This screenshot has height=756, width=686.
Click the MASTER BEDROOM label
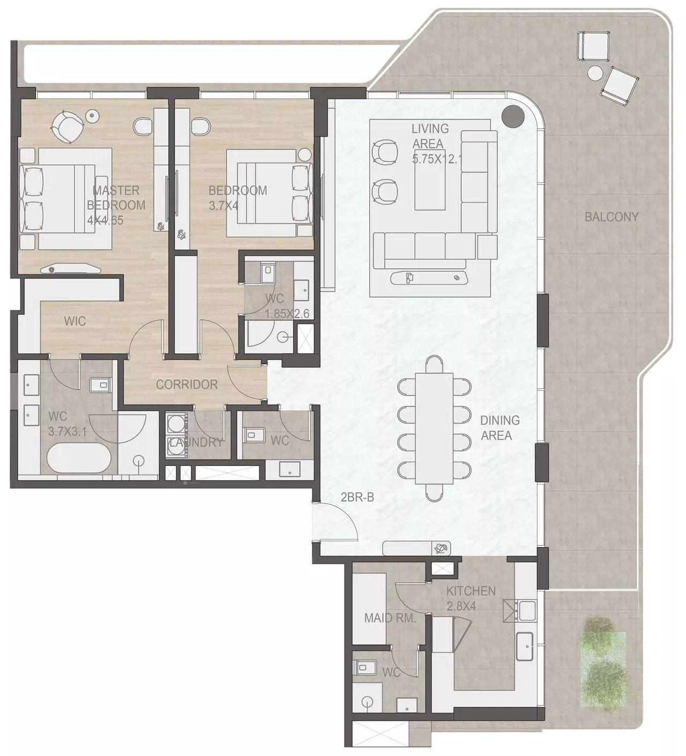(x=116, y=197)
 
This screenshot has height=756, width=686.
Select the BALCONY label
(x=611, y=217)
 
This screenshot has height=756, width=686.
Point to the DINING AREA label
(x=499, y=427)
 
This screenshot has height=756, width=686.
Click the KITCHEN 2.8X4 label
(x=470, y=598)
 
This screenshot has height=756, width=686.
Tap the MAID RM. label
(x=390, y=618)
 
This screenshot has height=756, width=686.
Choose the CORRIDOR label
(x=187, y=384)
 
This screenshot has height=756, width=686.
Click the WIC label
(x=74, y=321)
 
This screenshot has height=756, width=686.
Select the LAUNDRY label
(x=196, y=442)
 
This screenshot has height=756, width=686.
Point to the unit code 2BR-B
(x=357, y=497)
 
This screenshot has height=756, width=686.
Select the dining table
(x=434, y=428)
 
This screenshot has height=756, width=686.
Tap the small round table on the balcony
(x=595, y=73)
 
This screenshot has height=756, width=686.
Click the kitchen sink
(x=524, y=646)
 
